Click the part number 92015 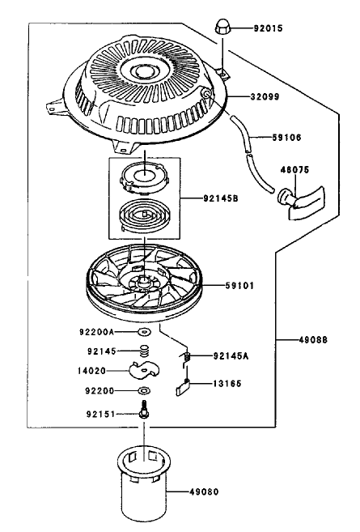pyautogui.click(x=268, y=28)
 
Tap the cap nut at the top pyautogui.click(x=222, y=28)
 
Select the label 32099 pyautogui.click(x=265, y=96)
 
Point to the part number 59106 pyautogui.click(x=286, y=138)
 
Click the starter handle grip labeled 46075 pyautogui.click(x=302, y=201)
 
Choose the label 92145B pyautogui.click(x=221, y=198)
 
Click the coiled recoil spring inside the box pyautogui.click(x=144, y=215)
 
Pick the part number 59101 pyautogui.click(x=239, y=286)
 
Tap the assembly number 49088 pyautogui.click(x=313, y=339)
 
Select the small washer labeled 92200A pyautogui.click(x=145, y=331)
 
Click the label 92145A pyautogui.click(x=231, y=356)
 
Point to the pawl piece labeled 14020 pyautogui.click(x=144, y=370)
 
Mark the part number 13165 pyautogui.click(x=227, y=384)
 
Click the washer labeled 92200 pyautogui.click(x=145, y=391)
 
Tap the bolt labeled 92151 pyautogui.click(x=145, y=409)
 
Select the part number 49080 pyautogui.click(x=203, y=492)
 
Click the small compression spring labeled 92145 pyautogui.click(x=145, y=351)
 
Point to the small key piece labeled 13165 pyautogui.click(x=183, y=388)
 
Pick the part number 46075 pyautogui.click(x=294, y=170)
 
